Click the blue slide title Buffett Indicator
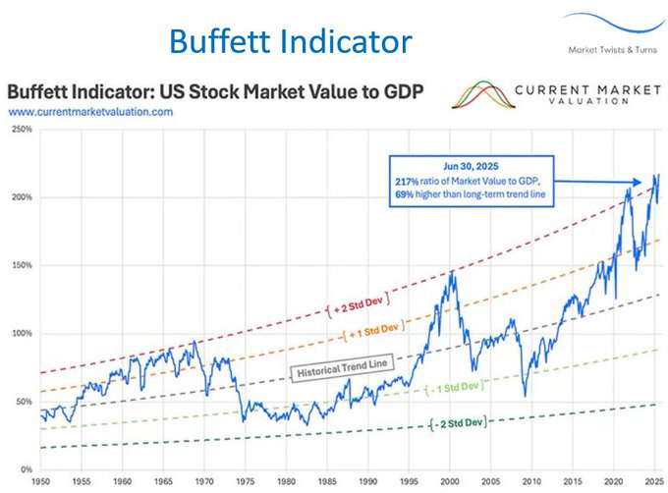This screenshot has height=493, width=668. click(x=289, y=41)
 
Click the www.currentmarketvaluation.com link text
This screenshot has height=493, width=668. click(x=91, y=113)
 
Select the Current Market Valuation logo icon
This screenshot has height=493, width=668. click(x=480, y=94)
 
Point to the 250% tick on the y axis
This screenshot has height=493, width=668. click(x=21, y=130)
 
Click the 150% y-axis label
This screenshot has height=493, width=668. click(x=21, y=265)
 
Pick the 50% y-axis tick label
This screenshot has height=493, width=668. click(x=23, y=402)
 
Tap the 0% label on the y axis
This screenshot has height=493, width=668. click(x=26, y=469)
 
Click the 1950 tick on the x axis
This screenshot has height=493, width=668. click(x=40, y=483)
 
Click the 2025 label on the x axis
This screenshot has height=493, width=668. click(x=652, y=483)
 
